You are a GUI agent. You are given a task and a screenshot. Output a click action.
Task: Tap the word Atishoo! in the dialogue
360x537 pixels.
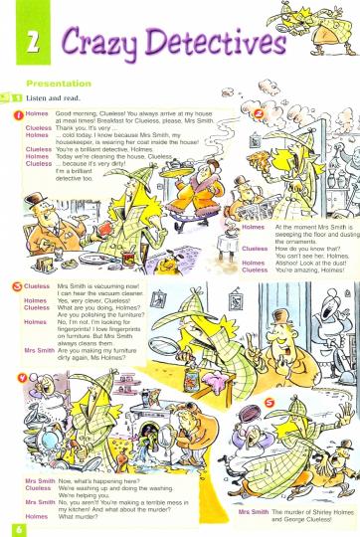(290, 262)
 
